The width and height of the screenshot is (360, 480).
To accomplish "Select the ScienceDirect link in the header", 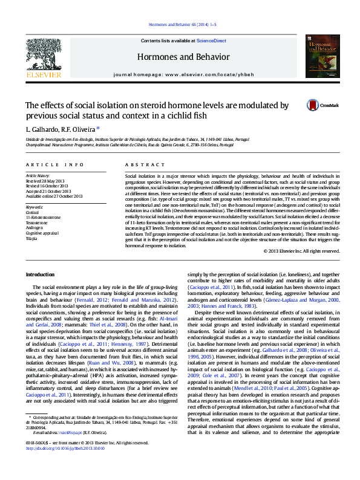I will coord(212,41).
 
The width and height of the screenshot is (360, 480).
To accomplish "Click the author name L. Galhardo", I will coord(42,129).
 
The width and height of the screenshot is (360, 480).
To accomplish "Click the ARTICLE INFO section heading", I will coord(54,164).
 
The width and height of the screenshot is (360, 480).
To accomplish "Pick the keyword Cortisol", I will coord(32,213).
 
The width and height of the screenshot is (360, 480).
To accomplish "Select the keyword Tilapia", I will coord(31,238).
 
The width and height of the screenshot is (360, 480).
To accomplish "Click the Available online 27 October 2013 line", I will coord(54,195).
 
